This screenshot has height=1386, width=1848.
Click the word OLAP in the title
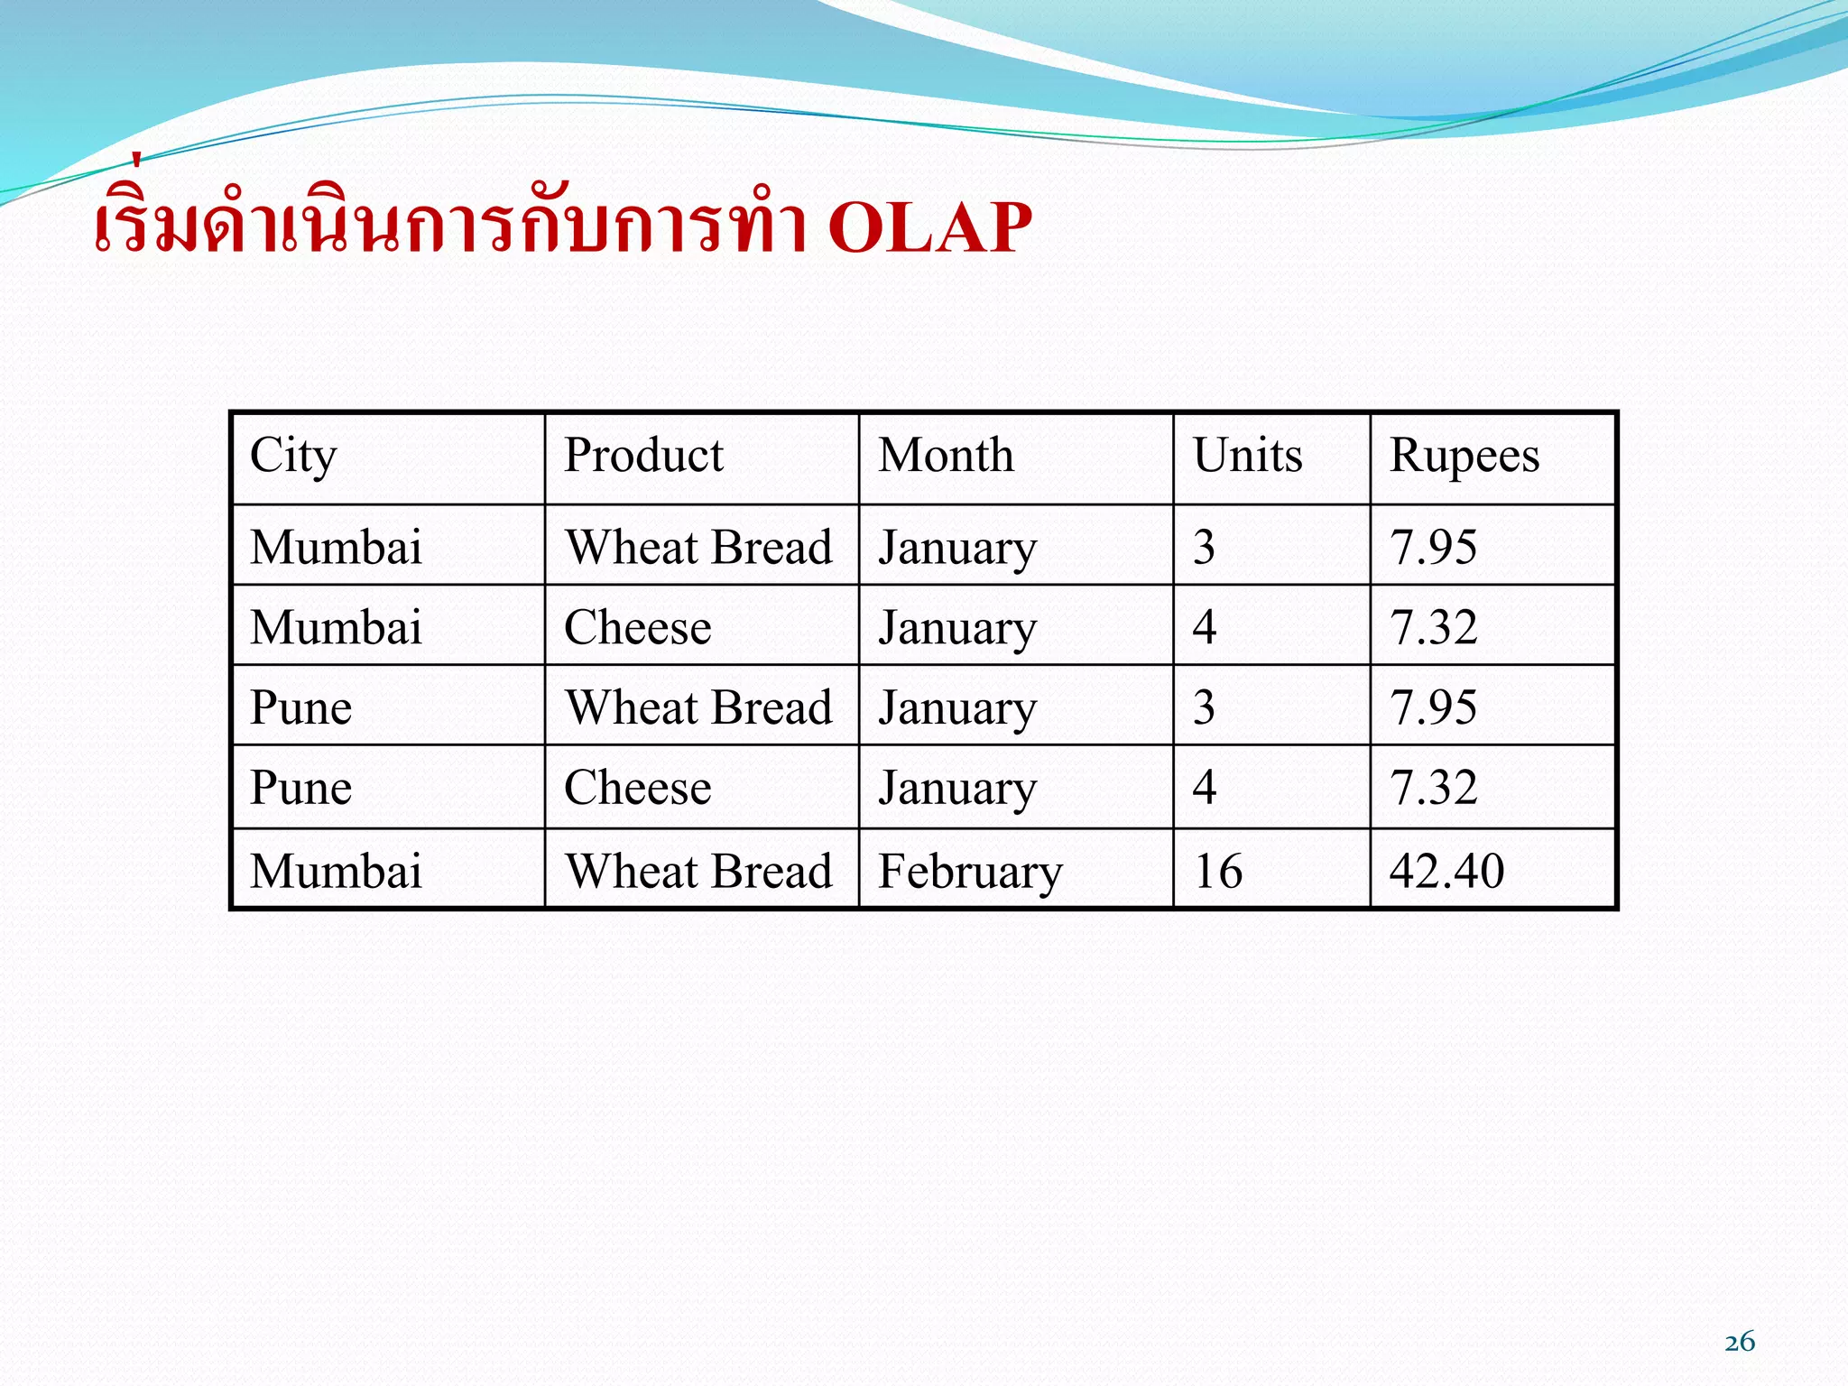(x=929, y=226)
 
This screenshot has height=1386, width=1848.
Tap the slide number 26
(x=1739, y=1342)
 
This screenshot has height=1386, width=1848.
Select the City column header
(x=293, y=456)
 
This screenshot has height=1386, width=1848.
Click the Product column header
(x=643, y=455)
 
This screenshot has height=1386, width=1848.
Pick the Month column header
(x=946, y=455)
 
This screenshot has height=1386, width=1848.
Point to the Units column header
(x=1247, y=455)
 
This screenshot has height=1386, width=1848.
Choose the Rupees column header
(x=1464, y=456)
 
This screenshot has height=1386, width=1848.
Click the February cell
(x=970, y=872)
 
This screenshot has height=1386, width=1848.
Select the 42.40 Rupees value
(x=1446, y=872)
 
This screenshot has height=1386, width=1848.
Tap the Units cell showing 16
(x=1218, y=872)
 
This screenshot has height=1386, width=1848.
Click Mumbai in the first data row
(x=336, y=548)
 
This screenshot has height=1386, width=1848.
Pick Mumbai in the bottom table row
(x=336, y=872)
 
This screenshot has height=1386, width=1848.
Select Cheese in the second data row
(x=637, y=627)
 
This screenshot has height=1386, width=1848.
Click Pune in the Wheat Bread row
(x=300, y=707)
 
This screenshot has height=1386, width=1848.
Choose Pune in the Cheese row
(x=300, y=788)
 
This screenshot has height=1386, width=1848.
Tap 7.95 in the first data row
(x=1433, y=548)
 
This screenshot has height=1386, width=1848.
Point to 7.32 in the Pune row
(x=1433, y=788)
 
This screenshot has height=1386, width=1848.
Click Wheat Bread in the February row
(x=698, y=872)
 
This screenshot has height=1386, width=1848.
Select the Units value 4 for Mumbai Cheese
(x=1204, y=627)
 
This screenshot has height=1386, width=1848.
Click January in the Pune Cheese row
(x=957, y=788)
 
